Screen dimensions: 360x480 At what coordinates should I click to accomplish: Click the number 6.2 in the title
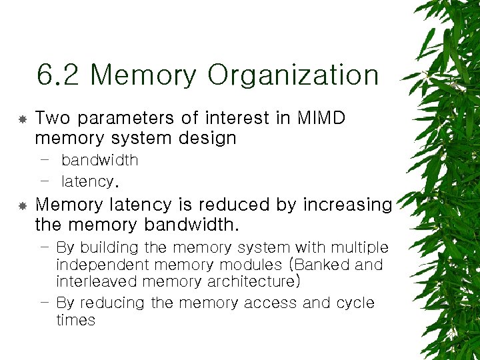tap(59, 75)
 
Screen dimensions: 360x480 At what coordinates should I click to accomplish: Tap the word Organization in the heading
tap(293, 75)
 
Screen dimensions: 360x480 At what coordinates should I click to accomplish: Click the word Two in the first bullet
tap(52, 118)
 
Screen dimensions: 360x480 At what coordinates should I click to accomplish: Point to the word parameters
tap(125, 119)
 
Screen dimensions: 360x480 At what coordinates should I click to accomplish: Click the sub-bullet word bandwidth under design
tap(99, 160)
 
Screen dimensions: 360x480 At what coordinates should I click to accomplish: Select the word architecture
tap(251, 282)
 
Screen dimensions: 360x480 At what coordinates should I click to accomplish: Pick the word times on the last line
tap(75, 320)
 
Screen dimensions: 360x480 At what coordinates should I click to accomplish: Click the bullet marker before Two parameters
tap(22, 119)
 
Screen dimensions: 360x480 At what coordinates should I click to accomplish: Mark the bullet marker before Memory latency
tap(22, 205)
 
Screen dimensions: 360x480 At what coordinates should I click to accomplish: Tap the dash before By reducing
tap(44, 301)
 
